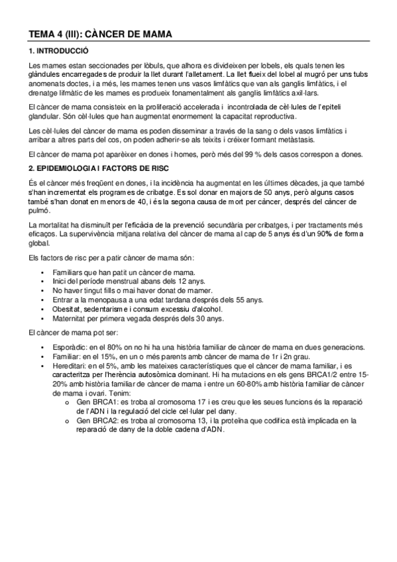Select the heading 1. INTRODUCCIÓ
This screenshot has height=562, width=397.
coord(59,51)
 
